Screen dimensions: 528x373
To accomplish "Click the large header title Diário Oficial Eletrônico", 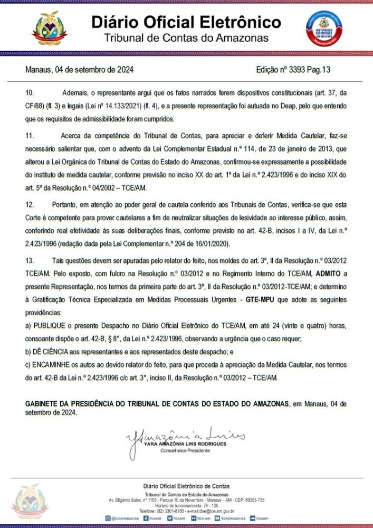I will pyautogui.click(x=186, y=22).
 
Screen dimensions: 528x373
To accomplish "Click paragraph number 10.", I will pyautogui.click(x=30, y=93).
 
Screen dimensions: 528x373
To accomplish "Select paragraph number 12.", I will pyautogui.click(x=30, y=204).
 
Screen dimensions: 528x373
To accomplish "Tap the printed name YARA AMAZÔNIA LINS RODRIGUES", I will pyautogui.click(x=185, y=444).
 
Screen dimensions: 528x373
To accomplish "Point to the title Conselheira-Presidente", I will pyautogui.click(x=185, y=450).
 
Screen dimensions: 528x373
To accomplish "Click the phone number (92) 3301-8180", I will pyautogui.click(x=170, y=511).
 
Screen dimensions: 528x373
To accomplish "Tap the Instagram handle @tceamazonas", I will pyautogui.click(x=125, y=518).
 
